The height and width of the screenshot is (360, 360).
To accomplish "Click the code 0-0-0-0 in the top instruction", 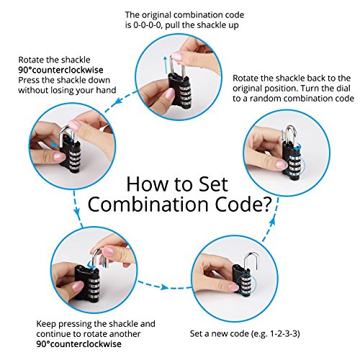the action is [147, 25].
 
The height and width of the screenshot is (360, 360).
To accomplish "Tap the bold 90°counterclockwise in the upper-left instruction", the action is [60, 70].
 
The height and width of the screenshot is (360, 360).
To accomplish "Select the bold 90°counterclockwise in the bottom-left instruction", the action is [78, 344].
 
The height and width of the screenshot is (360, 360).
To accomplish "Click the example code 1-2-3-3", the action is [285, 333].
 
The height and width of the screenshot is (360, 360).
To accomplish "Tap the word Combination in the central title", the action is [148, 204].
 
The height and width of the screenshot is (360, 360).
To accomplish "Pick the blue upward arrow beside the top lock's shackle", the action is [165, 66].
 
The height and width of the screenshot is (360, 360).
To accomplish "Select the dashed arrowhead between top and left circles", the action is [118, 101].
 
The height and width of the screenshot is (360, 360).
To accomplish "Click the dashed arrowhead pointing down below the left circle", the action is [76, 211].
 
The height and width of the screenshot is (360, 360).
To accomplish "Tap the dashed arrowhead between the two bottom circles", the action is [164, 287].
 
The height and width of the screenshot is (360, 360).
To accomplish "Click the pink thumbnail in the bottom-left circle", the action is [77, 287].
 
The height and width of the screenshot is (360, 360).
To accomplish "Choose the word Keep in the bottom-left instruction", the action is [46, 324].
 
